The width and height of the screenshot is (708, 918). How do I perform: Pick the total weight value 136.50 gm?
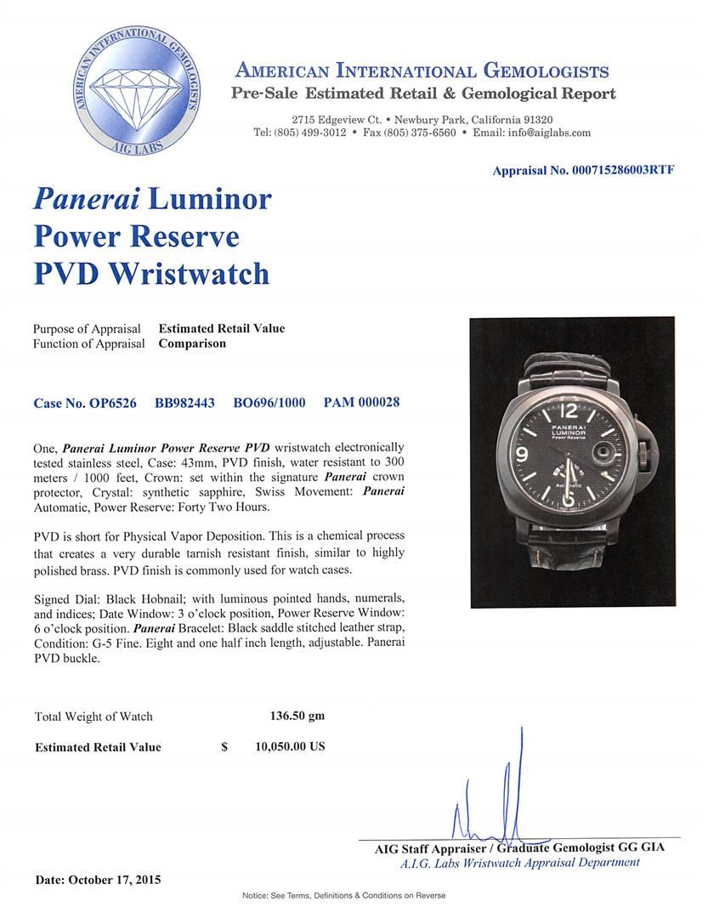pyautogui.click(x=291, y=716)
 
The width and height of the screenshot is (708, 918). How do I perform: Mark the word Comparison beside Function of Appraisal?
pyautogui.click(x=192, y=343)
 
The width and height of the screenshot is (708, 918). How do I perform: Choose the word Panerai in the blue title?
pyautogui.click(x=85, y=199)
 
